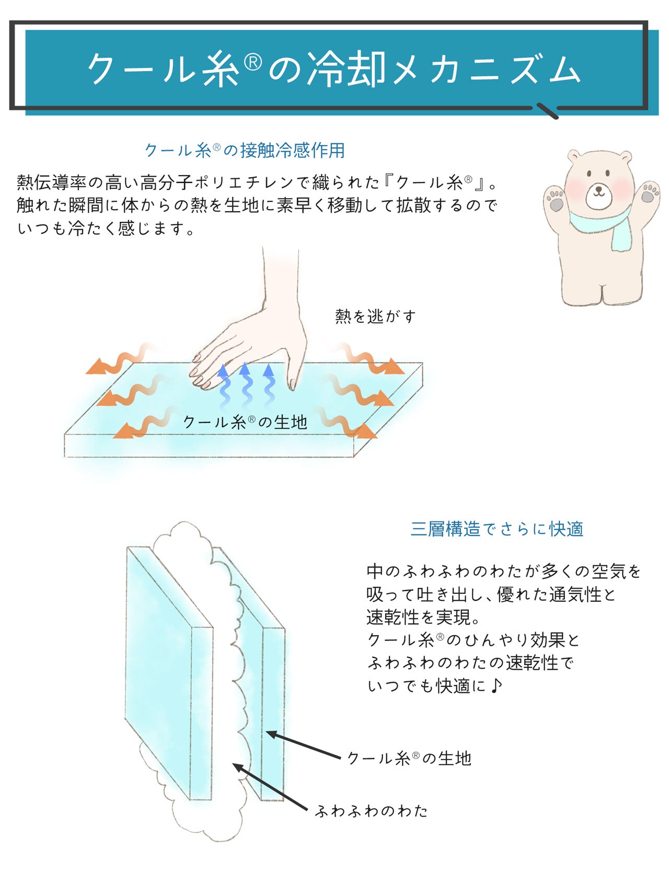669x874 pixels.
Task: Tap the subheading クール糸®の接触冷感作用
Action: [245, 150]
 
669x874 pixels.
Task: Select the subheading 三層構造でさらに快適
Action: [497, 529]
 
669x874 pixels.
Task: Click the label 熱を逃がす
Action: [375, 316]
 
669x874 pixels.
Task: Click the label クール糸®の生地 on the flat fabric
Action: [245, 422]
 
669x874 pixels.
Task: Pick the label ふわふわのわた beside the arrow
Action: [372, 811]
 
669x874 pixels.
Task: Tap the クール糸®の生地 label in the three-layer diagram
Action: [409, 758]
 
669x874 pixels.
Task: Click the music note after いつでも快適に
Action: [497, 685]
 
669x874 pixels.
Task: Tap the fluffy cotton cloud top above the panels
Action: [183, 538]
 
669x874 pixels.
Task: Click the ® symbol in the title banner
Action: [253, 62]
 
